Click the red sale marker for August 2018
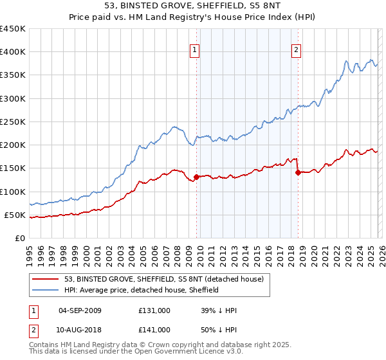298,172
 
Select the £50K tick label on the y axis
15,215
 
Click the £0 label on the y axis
19,238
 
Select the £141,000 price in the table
154,329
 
